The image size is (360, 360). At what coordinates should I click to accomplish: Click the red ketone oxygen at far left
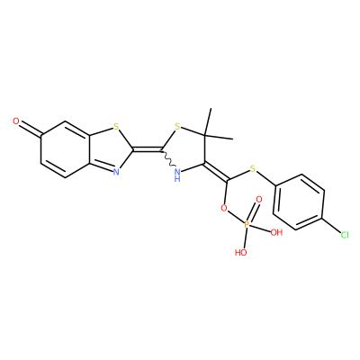point(16,121)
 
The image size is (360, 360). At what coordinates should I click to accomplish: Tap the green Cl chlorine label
point(345,235)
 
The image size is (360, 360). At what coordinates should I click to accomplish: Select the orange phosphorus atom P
point(247,224)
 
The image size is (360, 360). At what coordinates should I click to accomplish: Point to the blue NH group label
point(177,175)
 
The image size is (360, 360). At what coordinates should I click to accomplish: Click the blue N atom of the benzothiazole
point(116,172)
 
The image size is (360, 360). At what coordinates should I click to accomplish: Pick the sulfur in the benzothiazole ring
point(116,127)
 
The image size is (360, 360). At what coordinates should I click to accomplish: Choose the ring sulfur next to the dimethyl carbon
point(177,127)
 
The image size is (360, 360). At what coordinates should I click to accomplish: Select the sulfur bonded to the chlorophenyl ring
point(253,169)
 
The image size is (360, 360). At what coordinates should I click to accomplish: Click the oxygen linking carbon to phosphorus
point(223,208)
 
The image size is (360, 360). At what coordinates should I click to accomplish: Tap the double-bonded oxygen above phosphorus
point(259,199)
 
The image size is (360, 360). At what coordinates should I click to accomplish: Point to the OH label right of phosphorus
point(276,232)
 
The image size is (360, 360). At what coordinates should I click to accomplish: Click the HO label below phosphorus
point(240,253)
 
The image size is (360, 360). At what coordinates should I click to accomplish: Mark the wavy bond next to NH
point(167,159)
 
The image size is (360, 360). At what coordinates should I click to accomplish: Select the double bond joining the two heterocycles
point(148,148)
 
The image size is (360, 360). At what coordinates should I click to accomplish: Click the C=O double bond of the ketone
point(31,129)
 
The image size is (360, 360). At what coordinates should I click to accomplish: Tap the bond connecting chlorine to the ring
point(331,225)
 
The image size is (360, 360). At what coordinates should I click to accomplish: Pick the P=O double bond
point(252,212)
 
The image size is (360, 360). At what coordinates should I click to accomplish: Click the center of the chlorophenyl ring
point(299,202)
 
